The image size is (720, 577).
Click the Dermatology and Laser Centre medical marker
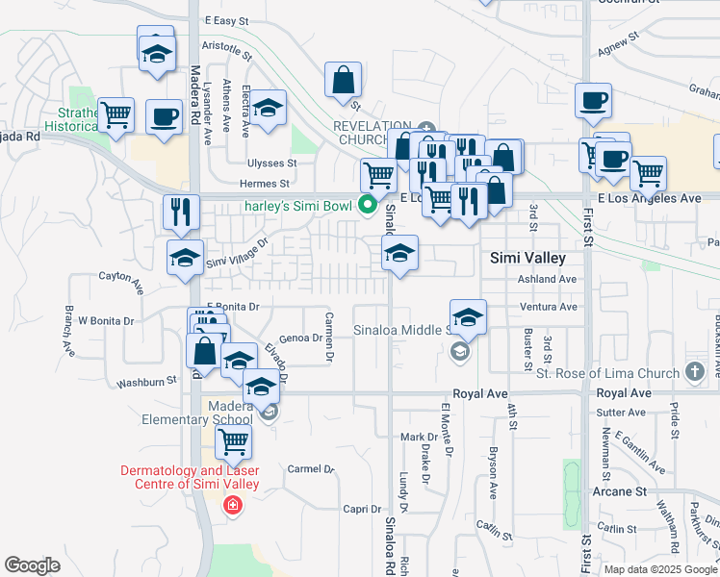click(x=231, y=505)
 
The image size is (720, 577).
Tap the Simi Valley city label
click(x=527, y=258)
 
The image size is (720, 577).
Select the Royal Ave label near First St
click(x=624, y=394)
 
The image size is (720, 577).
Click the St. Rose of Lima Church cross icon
click(x=695, y=372)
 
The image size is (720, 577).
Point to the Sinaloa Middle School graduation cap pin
click(x=468, y=316)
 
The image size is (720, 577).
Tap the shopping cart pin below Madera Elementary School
click(x=233, y=443)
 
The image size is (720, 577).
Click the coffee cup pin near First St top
click(x=593, y=100)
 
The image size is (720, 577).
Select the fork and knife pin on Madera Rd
click(x=181, y=213)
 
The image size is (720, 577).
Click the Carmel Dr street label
click(x=310, y=470)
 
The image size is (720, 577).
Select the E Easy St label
click(x=226, y=19)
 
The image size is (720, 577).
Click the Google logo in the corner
click(x=33, y=565)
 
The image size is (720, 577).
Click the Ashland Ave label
click(x=547, y=279)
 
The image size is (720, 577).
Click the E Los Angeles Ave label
click(x=649, y=197)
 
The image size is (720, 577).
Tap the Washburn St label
click(x=146, y=382)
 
